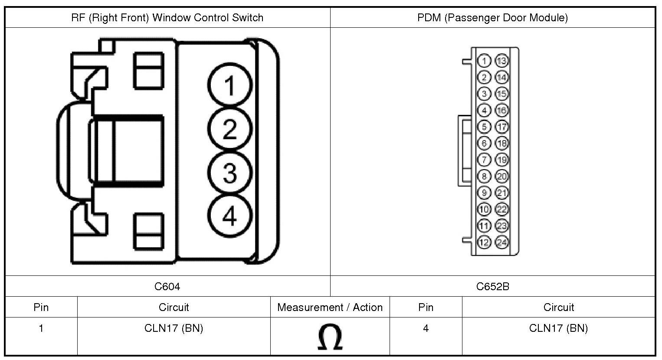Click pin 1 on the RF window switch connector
pos(229,85)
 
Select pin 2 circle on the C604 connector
pos(229,129)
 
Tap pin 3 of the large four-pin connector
pos(229,173)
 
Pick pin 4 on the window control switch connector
pos(229,216)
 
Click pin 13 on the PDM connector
pos(501,61)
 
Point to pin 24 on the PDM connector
pos(501,242)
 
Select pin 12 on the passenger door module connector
pos(484,242)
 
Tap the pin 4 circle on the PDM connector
pos(484,110)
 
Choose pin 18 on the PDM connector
pos(501,143)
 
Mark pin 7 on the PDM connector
pos(484,160)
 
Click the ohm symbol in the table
pos(330,337)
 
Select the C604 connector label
pos(167,286)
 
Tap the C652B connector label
pos(492,286)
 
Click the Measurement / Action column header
pos(330,307)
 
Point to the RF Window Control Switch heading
pos(167,18)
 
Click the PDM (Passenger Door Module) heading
pos(492,18)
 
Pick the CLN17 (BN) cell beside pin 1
pos(174,328)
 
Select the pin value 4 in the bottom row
pos(426,328)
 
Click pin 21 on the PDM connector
pos(501,193)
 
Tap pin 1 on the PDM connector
pos(484,61)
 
